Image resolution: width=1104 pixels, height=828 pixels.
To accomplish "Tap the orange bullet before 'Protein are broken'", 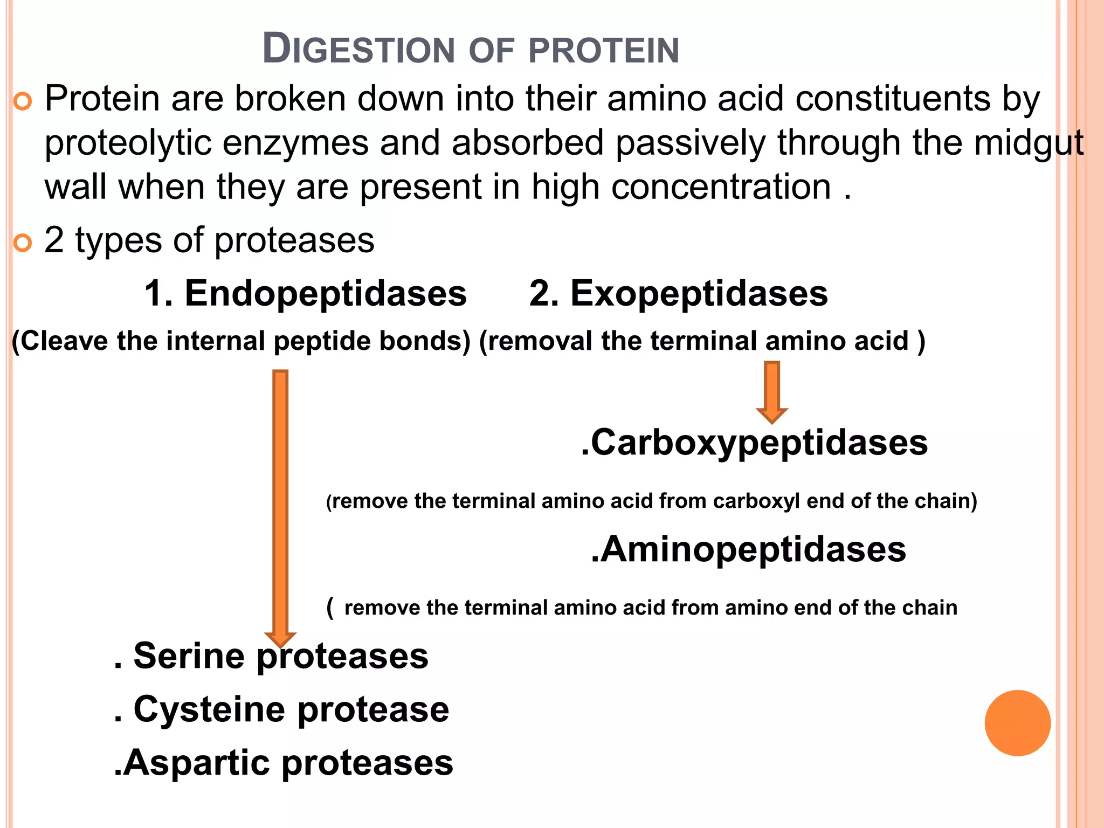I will [x=23, y=101].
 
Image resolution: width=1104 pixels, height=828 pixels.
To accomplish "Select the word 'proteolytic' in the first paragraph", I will [x=127, y=143].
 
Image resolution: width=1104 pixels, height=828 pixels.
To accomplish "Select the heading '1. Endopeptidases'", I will [x=305, y=294].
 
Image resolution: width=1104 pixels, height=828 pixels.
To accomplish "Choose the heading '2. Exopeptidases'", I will [x=678, y=294].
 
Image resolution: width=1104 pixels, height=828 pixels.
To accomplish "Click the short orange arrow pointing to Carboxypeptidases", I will [x=772, y=391].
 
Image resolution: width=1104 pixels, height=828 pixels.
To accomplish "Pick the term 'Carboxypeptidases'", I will [x=759, y=443].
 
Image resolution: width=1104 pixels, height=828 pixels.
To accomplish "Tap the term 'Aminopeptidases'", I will [x=753, y=549].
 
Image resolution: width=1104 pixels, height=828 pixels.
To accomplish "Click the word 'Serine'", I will [x=189, y=656].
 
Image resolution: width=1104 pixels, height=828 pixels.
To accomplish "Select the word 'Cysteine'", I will [x=209, y=709].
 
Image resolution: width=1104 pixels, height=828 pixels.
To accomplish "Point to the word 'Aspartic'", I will [x=197, y=763].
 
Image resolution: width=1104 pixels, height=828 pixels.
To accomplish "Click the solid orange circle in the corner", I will [x=1017, y=723].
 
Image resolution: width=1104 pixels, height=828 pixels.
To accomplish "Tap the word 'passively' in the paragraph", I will [x=691, y=143].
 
